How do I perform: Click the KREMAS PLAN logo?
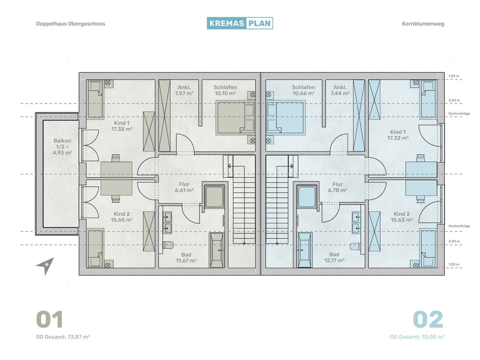tap(240, 23)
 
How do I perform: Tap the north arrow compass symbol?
tap(46, 266)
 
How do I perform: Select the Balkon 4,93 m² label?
tap(62, 147)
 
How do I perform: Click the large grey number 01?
tap(49, 319)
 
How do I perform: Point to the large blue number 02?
tap(428, 319)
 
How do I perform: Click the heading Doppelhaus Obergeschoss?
tap(70, 24)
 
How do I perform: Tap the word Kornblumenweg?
tap(423, 24)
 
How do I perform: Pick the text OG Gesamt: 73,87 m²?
tap(63, 337)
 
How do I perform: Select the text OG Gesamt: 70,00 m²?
tap(417, 337)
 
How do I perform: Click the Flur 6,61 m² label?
tap(184, 187)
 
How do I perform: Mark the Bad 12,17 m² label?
tap(334, 257)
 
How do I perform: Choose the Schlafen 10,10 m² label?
tap(225, 90)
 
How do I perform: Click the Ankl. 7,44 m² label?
tap(340, 90)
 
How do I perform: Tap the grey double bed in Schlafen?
tap(235, 118)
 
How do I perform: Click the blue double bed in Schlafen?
tap(286, 118)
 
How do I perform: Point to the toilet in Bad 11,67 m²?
tap(168, 245)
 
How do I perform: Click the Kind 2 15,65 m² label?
tap(121, 217)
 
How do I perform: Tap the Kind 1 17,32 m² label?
tap(398, 135)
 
